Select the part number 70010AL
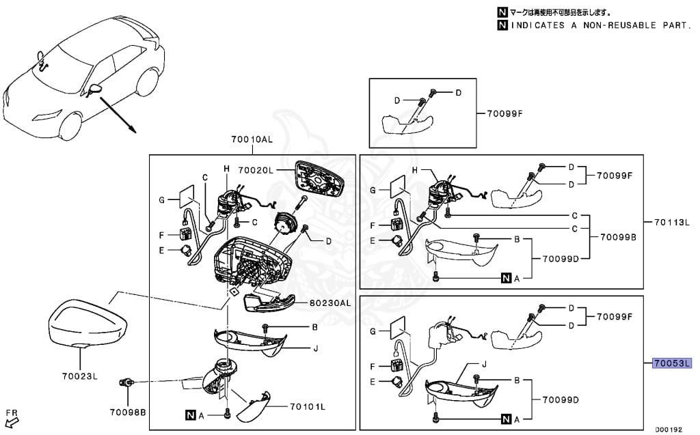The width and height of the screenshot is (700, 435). (x=252, y=140)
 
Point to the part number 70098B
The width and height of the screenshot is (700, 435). (x=129, y=412)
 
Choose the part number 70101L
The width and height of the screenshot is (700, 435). (x=307, y=407)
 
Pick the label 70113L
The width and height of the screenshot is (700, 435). (x=672, y=222)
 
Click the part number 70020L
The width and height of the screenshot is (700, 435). (x=257, y=169)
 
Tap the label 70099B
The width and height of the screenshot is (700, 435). (x=618, y=238)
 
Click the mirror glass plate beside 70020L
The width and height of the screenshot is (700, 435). (x=319, y=178)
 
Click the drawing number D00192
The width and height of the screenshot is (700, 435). (x=669, y=430)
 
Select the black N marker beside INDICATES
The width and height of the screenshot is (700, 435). (x=502, y=25)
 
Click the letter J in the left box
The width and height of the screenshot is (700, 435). (x=316, y=348)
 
